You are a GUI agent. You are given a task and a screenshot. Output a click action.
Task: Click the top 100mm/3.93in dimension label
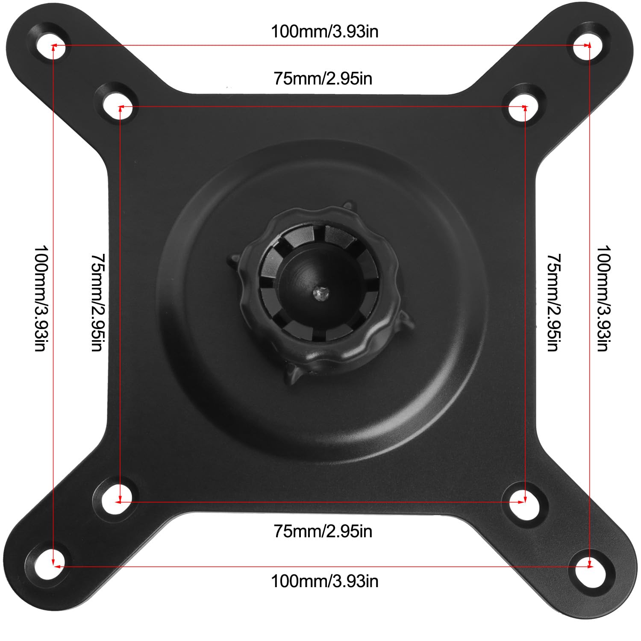[325, 32]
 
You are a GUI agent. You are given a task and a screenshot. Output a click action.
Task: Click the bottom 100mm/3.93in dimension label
[325, 582]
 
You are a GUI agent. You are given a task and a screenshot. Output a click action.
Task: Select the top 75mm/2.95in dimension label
[323, 79]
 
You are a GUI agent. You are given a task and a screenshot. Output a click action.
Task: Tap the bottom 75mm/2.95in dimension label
[323, 531]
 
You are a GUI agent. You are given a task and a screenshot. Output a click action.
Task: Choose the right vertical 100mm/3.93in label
[603, 298]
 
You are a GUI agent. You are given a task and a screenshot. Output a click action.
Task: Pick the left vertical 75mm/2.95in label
[98, 303]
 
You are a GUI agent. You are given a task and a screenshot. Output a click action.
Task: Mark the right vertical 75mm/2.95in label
[554, 303]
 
